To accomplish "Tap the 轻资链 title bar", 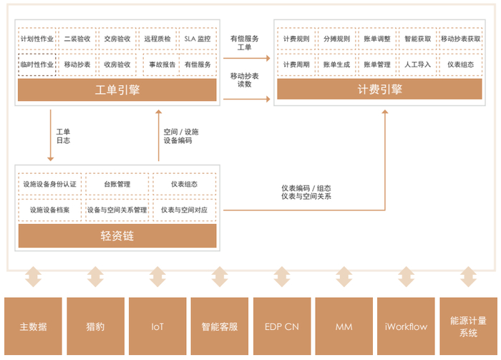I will [x=117, y=235].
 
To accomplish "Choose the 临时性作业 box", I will [x=36, y=64].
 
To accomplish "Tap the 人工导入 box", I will [x=417, y=64].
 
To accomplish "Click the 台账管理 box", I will [x=117, y=184].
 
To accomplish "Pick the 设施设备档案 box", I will [x=49, y=210].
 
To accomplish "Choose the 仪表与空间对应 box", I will [x=184, y=210].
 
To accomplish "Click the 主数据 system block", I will [x=33, y=326].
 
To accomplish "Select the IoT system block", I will [x=157, y=326].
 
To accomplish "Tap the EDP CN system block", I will [x=282, y=326].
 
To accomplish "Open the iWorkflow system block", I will [x=406, y=326].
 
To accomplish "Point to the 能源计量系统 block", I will [x=469, y=326].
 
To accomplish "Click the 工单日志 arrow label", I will [x=63, y=136].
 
